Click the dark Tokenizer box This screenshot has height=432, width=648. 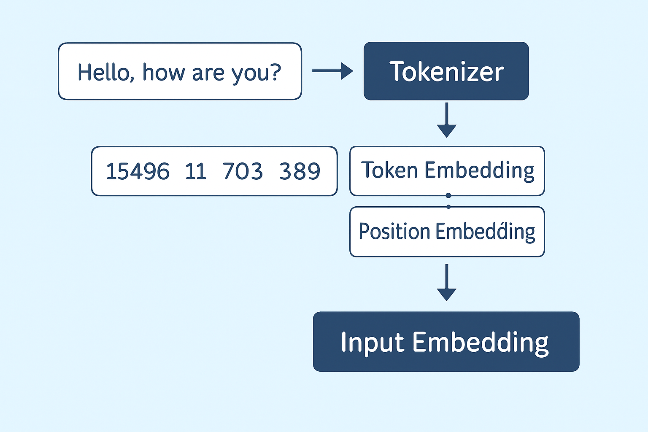click(x=446, y=71)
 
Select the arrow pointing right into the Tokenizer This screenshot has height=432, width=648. click(x=333, y=70)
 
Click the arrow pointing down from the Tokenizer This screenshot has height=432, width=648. click(x=447, y=120)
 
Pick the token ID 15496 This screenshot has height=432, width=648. click(x=138, y=171)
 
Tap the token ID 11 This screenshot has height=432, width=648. click(x=196, y=171)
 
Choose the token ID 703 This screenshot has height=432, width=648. click(x=243, y=171)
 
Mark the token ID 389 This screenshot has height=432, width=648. click(x=300, y=171)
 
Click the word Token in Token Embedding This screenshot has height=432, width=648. click(x=389, y=170)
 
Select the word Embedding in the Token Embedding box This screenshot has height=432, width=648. click(x=479, y=171)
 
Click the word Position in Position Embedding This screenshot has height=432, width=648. click(x=394, y=231)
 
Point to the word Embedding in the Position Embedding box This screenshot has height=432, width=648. click(x=486, y=232)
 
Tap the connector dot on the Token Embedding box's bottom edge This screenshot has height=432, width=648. click(x=448, y=196)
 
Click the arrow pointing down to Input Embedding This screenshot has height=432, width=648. click(x=447, y=282)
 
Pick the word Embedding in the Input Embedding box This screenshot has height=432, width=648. click(x=480, y=343)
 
